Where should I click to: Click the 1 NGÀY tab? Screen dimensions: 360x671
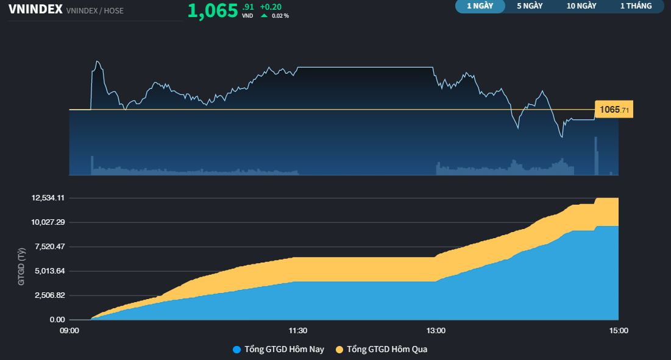480,6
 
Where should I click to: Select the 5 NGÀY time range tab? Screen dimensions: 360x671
530,6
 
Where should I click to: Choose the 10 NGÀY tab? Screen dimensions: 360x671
581,6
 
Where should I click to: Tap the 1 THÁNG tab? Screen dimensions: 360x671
636,6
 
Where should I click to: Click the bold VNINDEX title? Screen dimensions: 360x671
35,9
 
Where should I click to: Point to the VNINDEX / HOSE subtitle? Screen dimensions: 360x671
94,10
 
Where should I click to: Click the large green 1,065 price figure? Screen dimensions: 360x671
212,10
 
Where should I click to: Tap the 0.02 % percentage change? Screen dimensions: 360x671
280,15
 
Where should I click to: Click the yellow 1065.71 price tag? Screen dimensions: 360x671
614,110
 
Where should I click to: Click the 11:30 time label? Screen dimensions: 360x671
297,331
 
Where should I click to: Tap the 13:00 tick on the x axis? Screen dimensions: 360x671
436,331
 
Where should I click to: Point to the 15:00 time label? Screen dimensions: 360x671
618,331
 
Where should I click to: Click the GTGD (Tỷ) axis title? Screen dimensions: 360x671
22,267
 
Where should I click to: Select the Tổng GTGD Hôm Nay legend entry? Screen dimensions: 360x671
279,350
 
